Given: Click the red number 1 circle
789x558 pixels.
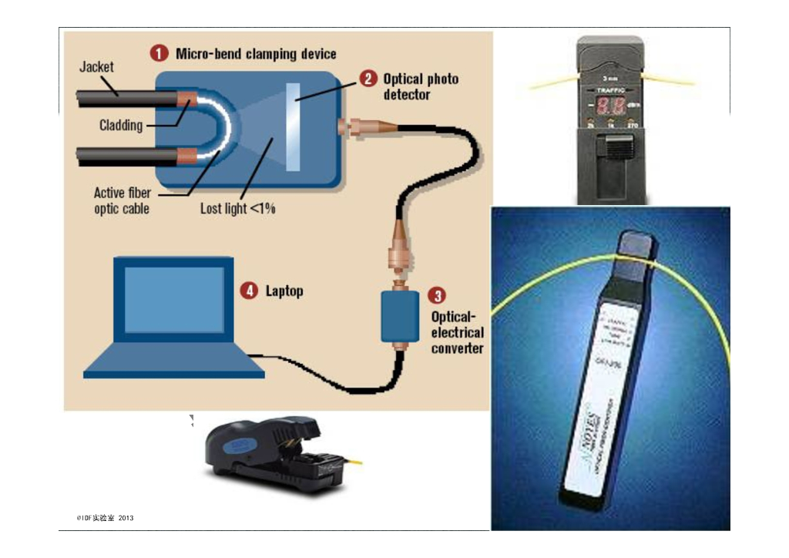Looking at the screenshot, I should point(159,54).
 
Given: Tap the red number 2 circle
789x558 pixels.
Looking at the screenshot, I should point(370,79).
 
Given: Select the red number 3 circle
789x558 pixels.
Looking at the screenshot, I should point(436,296).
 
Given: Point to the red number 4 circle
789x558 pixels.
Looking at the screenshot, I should point(248,291).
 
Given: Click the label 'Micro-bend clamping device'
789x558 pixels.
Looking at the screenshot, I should point(256,54).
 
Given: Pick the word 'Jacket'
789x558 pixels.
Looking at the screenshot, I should point(96,67).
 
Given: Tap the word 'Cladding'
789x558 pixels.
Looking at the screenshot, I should point(121,125).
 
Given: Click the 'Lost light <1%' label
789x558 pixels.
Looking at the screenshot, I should point(237,208).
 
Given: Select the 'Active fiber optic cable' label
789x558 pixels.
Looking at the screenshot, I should point(122,200).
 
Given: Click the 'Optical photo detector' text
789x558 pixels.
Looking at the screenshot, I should point(421,86).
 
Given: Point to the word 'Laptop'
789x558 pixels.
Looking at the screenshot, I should point(284,291).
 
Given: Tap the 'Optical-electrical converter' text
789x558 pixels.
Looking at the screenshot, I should point(457,332).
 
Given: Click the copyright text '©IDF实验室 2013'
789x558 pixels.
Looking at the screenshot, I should point(106,518).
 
